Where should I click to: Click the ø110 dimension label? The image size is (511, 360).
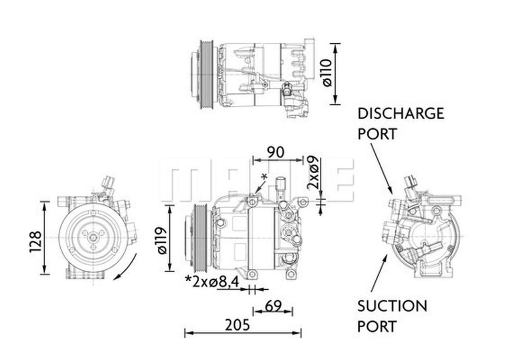coord(327,72)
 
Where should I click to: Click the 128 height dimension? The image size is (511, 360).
coord(35,241)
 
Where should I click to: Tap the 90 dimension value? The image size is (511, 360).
coord(275,152)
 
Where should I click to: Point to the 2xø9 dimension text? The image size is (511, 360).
coord(313,172)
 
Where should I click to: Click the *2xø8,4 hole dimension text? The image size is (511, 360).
coord(212,282)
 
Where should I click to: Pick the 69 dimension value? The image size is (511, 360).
coord(273,306)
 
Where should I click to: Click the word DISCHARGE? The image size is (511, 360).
coord(400,113)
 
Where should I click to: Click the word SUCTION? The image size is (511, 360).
coord(392,306)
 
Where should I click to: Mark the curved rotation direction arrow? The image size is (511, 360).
coord(127,269)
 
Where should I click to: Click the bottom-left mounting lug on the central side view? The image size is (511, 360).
coord(252,274)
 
